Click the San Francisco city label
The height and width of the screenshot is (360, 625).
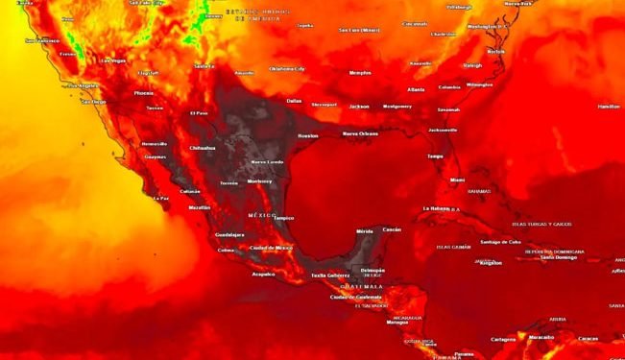tap(42, 41)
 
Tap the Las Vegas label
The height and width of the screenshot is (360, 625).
tap(112, 60)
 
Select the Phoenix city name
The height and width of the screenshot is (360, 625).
tap(144, 93)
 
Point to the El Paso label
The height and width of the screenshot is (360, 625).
tap(199, 113)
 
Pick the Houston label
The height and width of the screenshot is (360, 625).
tap(307, 136)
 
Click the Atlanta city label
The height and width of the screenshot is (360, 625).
tap(416, 89)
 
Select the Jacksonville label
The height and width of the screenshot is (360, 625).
tap(443, 130)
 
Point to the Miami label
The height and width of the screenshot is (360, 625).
tap(457, 180)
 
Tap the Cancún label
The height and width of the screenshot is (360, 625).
tap(392, 230)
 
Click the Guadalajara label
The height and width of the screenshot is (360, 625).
tap(229, 234)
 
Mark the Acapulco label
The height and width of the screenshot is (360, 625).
tap(263, 274)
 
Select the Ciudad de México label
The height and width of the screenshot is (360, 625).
tap(271, 248)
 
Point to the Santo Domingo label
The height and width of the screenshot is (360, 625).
tap(558, 257)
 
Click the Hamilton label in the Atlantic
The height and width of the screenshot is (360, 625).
tap(609, 107)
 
